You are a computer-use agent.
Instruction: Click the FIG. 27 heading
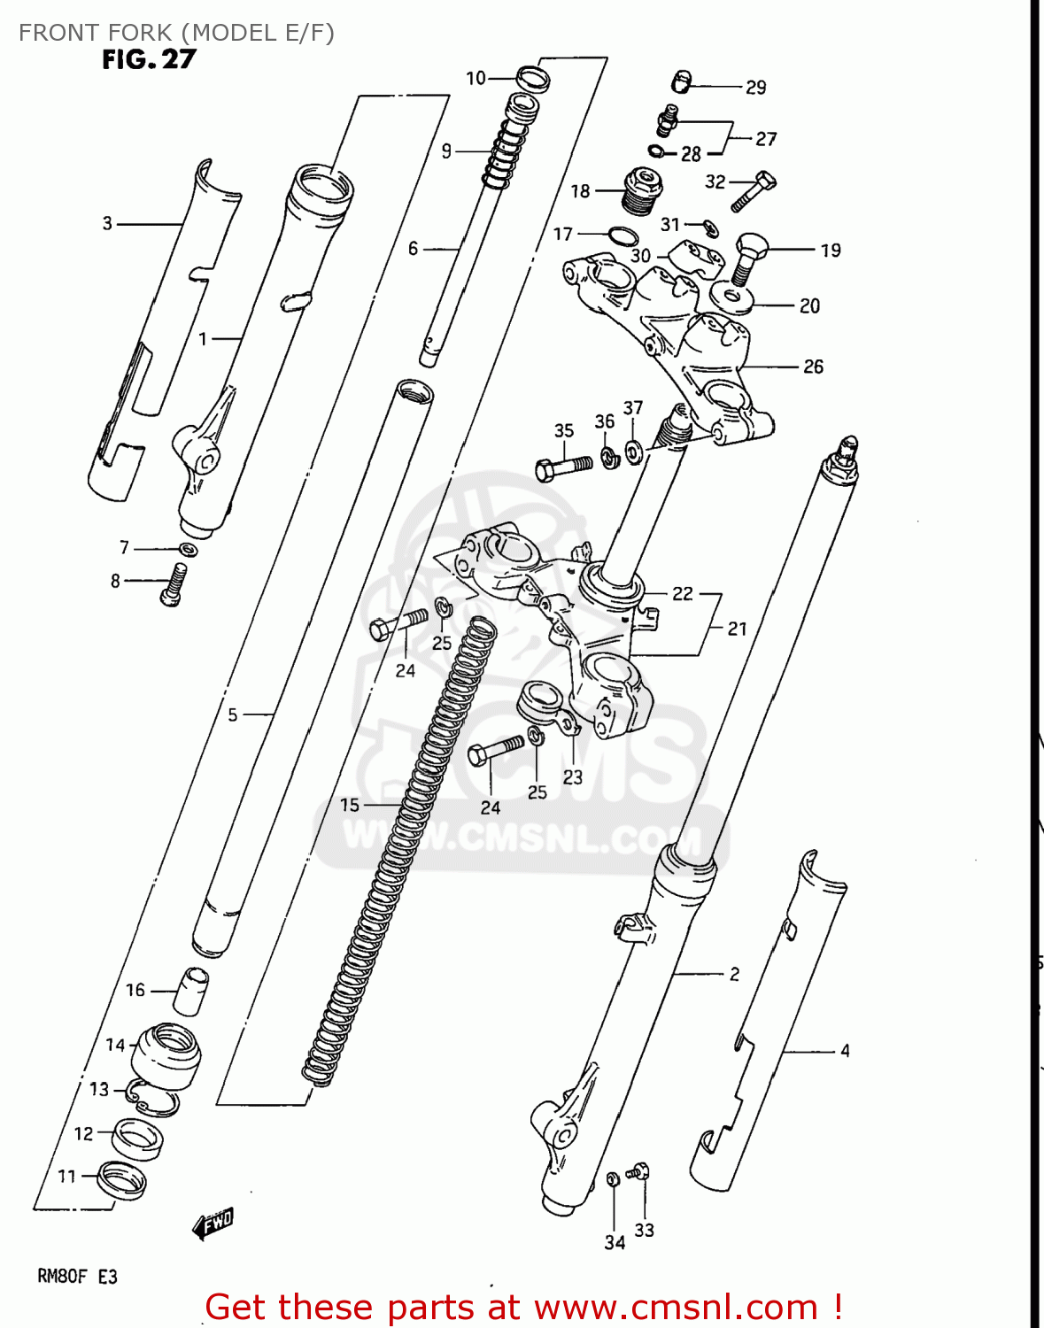point(149,59)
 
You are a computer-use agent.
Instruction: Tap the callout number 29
point(755,87)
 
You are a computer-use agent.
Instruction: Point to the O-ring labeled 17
point(622,235)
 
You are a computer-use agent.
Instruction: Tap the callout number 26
point(813,366)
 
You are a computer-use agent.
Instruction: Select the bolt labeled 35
point(563,467)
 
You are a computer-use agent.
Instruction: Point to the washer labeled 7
point(188,550)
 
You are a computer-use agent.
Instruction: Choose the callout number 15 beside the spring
point(350,804)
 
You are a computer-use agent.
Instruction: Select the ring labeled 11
point(120,1179)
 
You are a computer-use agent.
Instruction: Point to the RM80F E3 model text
point(77,1277)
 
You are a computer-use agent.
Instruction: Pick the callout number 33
point(644,1230)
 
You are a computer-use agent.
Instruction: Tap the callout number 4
point(845,1050)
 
